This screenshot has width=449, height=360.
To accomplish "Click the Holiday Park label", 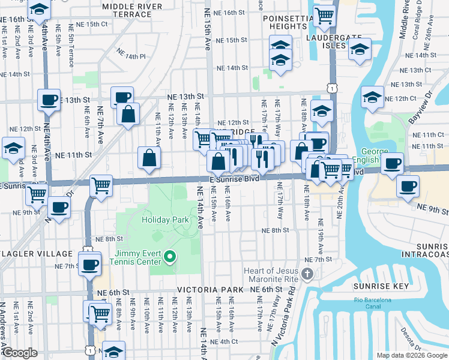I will pyautogui.click(x=165, y=220).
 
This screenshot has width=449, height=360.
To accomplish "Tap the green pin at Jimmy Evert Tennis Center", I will pyautogui.click(x=170, y=258).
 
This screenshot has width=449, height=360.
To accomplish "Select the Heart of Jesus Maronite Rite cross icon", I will pyautogui.click(x=307, y=274).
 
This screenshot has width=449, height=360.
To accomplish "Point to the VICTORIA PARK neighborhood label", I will pyautogui.click(x=210, y=290).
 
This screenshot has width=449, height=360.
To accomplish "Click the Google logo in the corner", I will pyautogui.click(x=20, y=353).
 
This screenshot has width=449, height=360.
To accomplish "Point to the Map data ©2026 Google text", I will pyautogui.click(x=411, y=355).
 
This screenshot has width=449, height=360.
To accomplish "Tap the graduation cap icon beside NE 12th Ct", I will pyautogui.click(x=372, y=96).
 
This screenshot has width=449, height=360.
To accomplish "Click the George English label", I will pyautogui.click(x=378, y=156).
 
